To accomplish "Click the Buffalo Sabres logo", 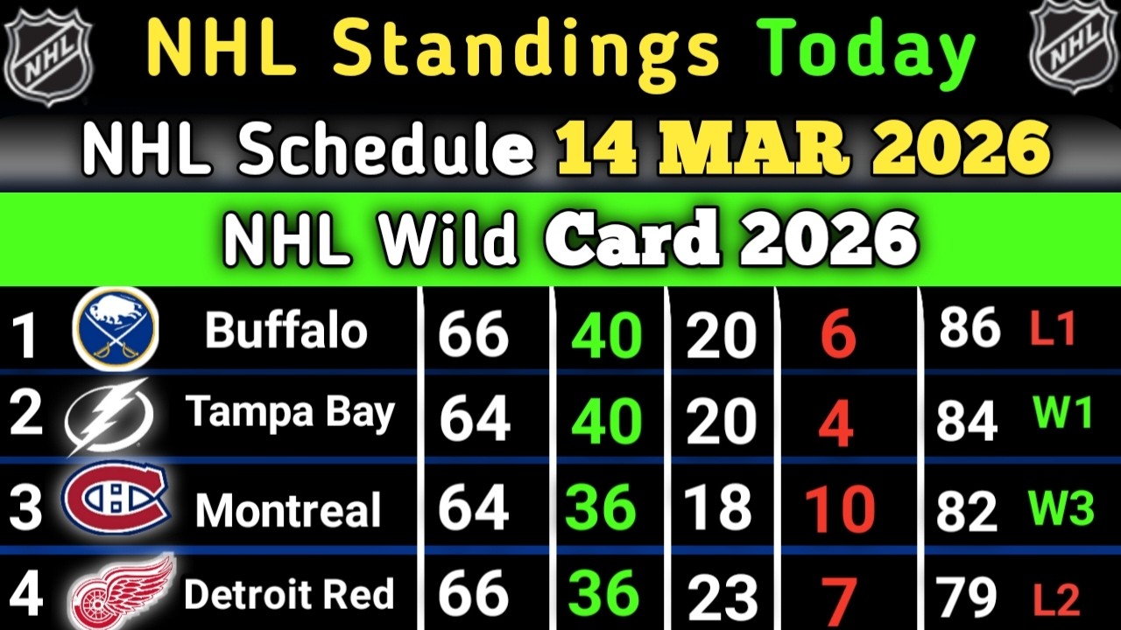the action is (x=116, y=329).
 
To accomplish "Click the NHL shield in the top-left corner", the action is (x=48, y=54).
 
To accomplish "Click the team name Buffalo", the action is (x=286, y=330).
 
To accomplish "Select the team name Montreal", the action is (x=288, y=510).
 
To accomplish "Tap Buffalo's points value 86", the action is (x=969, y=327).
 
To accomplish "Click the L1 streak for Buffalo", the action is (x=1053, y=328).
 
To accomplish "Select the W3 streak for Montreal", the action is (x=1061, y=507).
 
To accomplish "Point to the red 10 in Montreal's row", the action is (x=840, y=509).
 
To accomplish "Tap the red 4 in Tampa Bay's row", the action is (x=836, y=424).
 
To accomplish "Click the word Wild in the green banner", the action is (x=447, y=241).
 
